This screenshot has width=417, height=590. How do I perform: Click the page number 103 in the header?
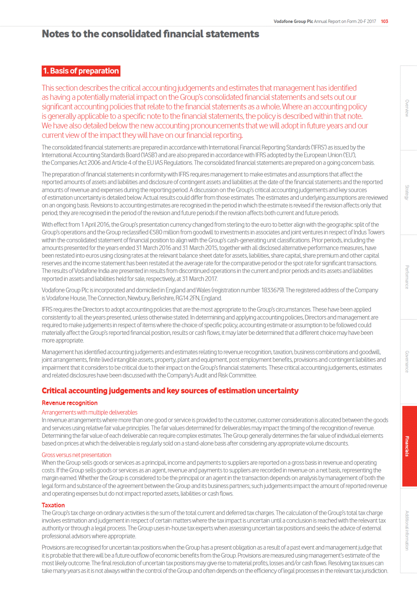(384, 21)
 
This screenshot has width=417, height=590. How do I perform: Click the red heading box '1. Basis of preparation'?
(81, 71)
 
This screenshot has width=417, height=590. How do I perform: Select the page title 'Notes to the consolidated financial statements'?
(150, 34)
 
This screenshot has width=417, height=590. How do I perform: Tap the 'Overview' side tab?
(407, 108)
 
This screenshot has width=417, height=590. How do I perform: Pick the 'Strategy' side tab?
(407, 192)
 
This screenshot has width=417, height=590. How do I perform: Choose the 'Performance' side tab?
(407, 277)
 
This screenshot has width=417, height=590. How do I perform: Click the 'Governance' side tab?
(407, 362)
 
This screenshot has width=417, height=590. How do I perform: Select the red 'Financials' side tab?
(407, 446)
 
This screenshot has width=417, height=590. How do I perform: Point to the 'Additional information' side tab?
(407, 530)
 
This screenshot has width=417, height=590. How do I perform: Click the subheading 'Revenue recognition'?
(70, 403)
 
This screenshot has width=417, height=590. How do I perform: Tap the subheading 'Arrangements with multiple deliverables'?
(89, 412)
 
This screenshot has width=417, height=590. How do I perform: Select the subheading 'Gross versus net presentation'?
(77, 455)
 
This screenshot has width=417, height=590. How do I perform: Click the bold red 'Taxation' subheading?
(53, 505)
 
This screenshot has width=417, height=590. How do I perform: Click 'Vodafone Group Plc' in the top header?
(293, 21)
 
